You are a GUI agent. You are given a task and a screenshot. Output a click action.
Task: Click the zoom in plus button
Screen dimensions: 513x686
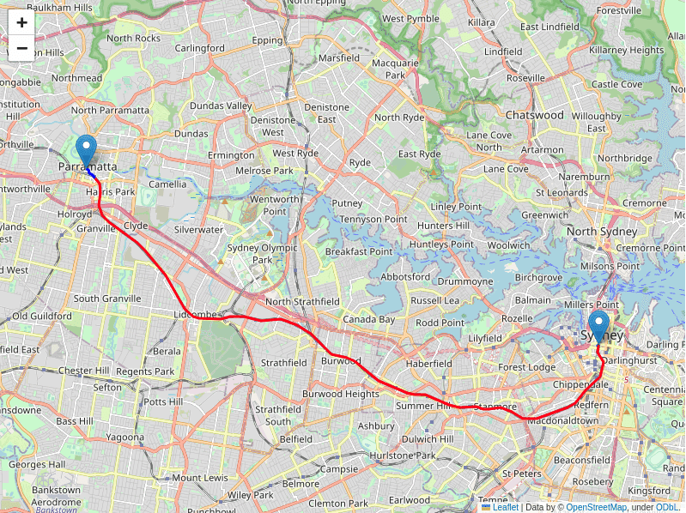tap(21, 23)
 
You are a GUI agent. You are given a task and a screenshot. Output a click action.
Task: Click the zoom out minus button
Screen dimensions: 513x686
tap(21, 48)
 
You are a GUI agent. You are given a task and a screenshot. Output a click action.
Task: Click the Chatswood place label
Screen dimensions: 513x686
tap(534, 114)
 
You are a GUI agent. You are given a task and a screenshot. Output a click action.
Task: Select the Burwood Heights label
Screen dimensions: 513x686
tap(341, 394)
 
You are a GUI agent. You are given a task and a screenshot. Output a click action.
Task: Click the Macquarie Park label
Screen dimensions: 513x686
tap(394, 69)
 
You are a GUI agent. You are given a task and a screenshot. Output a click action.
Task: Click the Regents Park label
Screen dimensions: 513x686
tap(145, 371)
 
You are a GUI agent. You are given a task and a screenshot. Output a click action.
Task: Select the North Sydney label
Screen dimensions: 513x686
tap(602, 232)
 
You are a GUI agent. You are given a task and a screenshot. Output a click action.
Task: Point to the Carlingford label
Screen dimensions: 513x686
tap(200, 48)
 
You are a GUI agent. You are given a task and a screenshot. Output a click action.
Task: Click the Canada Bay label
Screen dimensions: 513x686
tap(368, 319)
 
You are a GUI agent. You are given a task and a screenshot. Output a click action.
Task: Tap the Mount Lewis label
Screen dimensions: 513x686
tap(200, 478)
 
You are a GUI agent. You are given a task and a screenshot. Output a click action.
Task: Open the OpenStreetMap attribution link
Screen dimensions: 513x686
tap(596, 507)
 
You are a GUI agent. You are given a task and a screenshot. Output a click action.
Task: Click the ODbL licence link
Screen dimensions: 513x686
tap(667, 507)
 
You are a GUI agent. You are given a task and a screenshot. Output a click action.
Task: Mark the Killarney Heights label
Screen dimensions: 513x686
tap(627, 51)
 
